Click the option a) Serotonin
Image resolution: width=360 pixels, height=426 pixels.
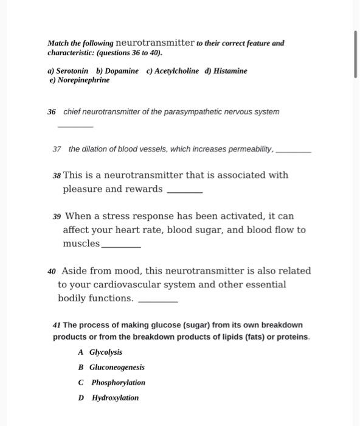pos(67,71)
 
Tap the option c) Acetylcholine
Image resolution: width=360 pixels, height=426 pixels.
pos(173,71)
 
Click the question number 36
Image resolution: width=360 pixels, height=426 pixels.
pos(52,112)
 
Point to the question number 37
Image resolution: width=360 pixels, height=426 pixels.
pos(57,149)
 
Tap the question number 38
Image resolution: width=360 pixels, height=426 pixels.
pos(57,175)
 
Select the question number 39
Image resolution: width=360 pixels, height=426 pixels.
pos(57,217)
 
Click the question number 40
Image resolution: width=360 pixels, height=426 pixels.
pos(52,271)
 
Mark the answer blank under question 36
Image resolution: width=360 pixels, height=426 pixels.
pos(75,125)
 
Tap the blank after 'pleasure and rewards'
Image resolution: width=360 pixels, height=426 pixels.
pos(184,191)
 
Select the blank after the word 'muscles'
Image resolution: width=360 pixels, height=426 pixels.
pos(121,246)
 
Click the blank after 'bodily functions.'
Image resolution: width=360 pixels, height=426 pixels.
pos(158,301)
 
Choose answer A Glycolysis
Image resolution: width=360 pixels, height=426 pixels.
pos(101,352)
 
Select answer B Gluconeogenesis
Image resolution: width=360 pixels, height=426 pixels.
pos(112,368)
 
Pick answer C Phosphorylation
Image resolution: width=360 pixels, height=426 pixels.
pos(112,383)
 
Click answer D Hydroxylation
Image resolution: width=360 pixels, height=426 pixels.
pos(109,398)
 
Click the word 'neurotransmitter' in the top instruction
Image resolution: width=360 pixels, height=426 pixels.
pos(155,43)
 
